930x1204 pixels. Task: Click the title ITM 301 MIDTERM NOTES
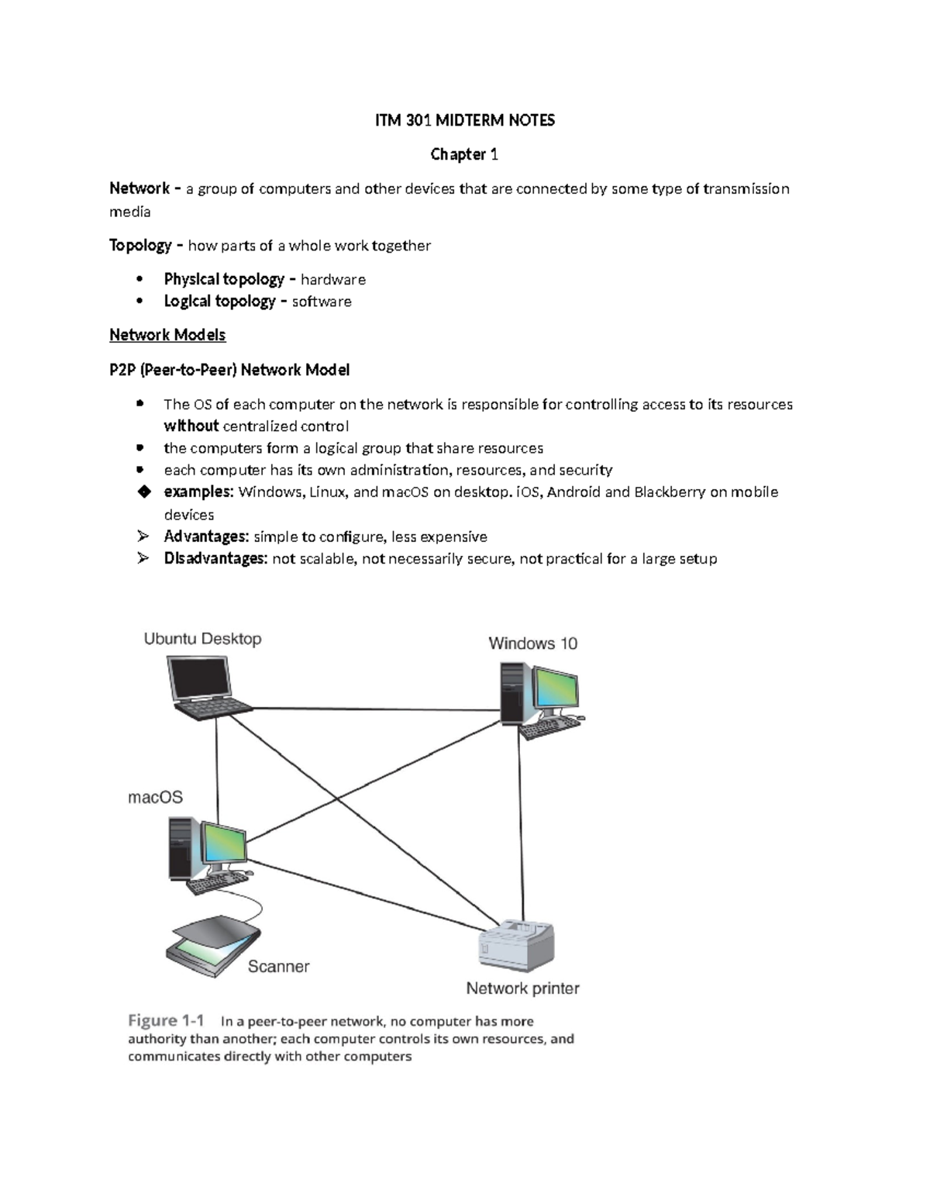coord(464,120)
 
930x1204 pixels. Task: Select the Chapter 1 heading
coord(464,154)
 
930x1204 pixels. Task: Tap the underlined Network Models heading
coord(167,335)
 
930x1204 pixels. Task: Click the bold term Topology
coord(140,246)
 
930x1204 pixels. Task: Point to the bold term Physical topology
coord(224,279)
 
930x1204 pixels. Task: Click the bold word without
coord(191,426)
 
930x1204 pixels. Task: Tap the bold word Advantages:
coord(206,536)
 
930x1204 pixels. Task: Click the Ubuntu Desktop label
coord(202,639)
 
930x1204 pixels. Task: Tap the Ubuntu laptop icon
coord(206,686)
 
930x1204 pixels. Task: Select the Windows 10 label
coord(532,643)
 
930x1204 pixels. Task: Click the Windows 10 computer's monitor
coord(557,686)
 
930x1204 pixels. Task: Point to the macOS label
coord(155,797)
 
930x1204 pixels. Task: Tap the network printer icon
coord(518,943)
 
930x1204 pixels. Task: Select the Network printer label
coord(522,988)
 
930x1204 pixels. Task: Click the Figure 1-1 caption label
coord(166,1020)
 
